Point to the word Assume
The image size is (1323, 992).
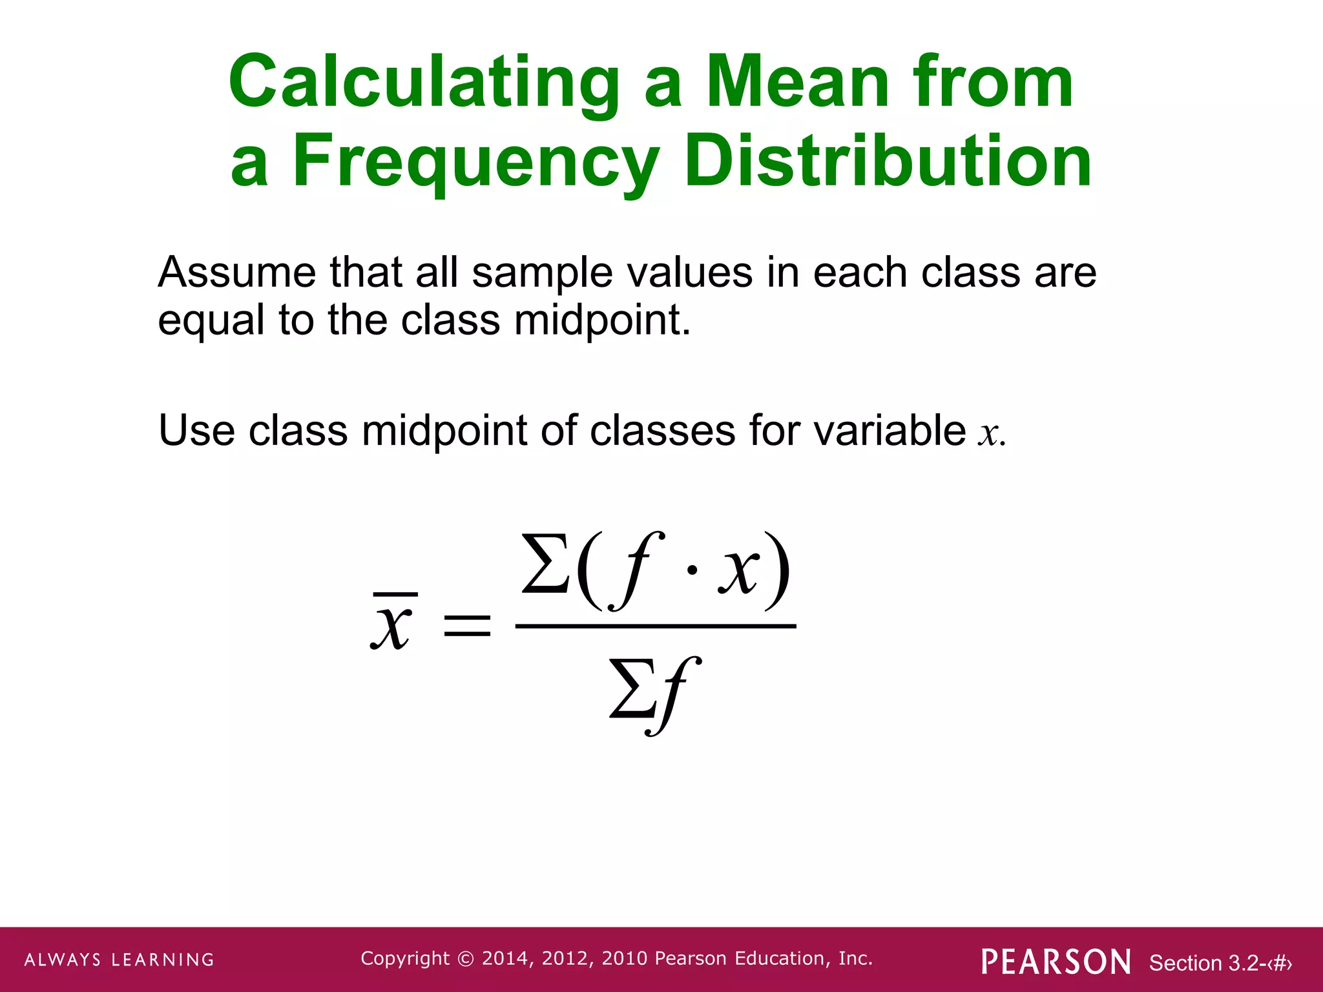click(236, 273)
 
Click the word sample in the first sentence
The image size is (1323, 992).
click(542, 274)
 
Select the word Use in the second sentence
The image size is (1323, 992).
click(196, 431)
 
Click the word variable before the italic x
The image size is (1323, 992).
click(890, 431)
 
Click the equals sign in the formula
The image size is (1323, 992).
click(467, 625)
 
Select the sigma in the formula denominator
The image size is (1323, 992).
click(632, 690)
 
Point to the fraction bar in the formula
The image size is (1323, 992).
click(655, 626)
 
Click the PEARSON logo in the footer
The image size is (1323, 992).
click(1056, 962)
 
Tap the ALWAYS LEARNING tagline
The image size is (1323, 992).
click(120, 960)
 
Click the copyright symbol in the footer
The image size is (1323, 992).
click(465, 959)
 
